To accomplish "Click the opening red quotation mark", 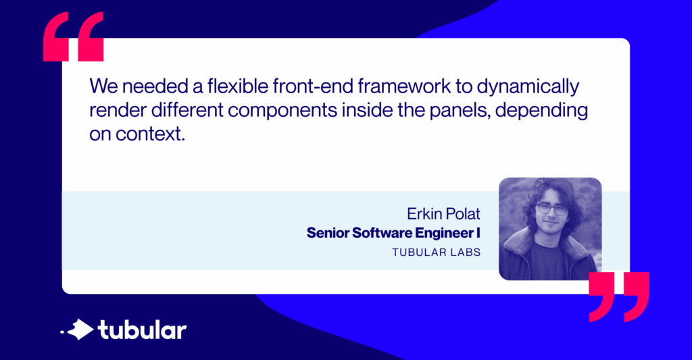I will tap(73, 38).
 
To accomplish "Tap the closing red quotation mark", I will tap(618, 297).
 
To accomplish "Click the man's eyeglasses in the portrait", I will tap(551, 208).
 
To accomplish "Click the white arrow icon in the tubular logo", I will tap(80, 330).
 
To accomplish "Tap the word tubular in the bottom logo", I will tap(142, 330).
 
